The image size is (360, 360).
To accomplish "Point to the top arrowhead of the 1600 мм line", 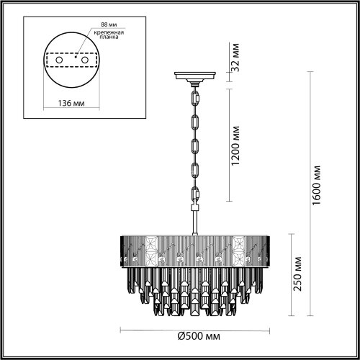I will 312,73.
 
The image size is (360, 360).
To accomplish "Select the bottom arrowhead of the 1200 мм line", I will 230,201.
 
